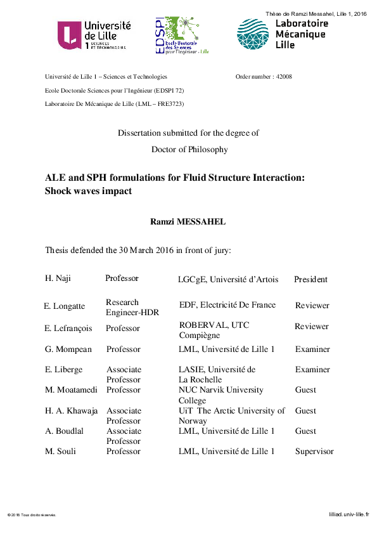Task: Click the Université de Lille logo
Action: [94, 35]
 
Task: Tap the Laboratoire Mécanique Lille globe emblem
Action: [253, 34]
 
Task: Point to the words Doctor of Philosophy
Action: [188, 150]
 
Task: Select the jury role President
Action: [310, 279]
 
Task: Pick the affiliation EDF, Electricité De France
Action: [227, 305]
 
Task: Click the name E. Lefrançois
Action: [66, 329]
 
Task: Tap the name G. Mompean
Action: [64, 349]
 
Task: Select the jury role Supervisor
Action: [314, 452]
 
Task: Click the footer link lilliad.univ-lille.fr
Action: [348, 516]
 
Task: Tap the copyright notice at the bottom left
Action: [32, 516]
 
